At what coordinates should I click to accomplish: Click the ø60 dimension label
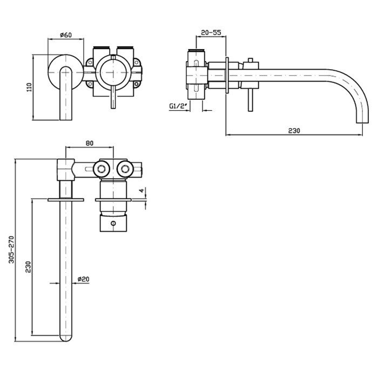click(66, 35)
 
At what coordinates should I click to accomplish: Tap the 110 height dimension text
click(29, 87)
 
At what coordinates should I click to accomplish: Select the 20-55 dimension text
click(211, 32)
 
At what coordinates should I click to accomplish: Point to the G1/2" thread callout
click(178, 106)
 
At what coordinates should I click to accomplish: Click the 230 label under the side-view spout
click(294, 131)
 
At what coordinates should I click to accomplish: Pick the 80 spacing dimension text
click(90, 143)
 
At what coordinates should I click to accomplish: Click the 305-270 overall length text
click(11, 249)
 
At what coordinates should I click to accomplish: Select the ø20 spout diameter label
click(83, 279)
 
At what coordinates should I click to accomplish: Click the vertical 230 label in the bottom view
click(29, 267)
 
